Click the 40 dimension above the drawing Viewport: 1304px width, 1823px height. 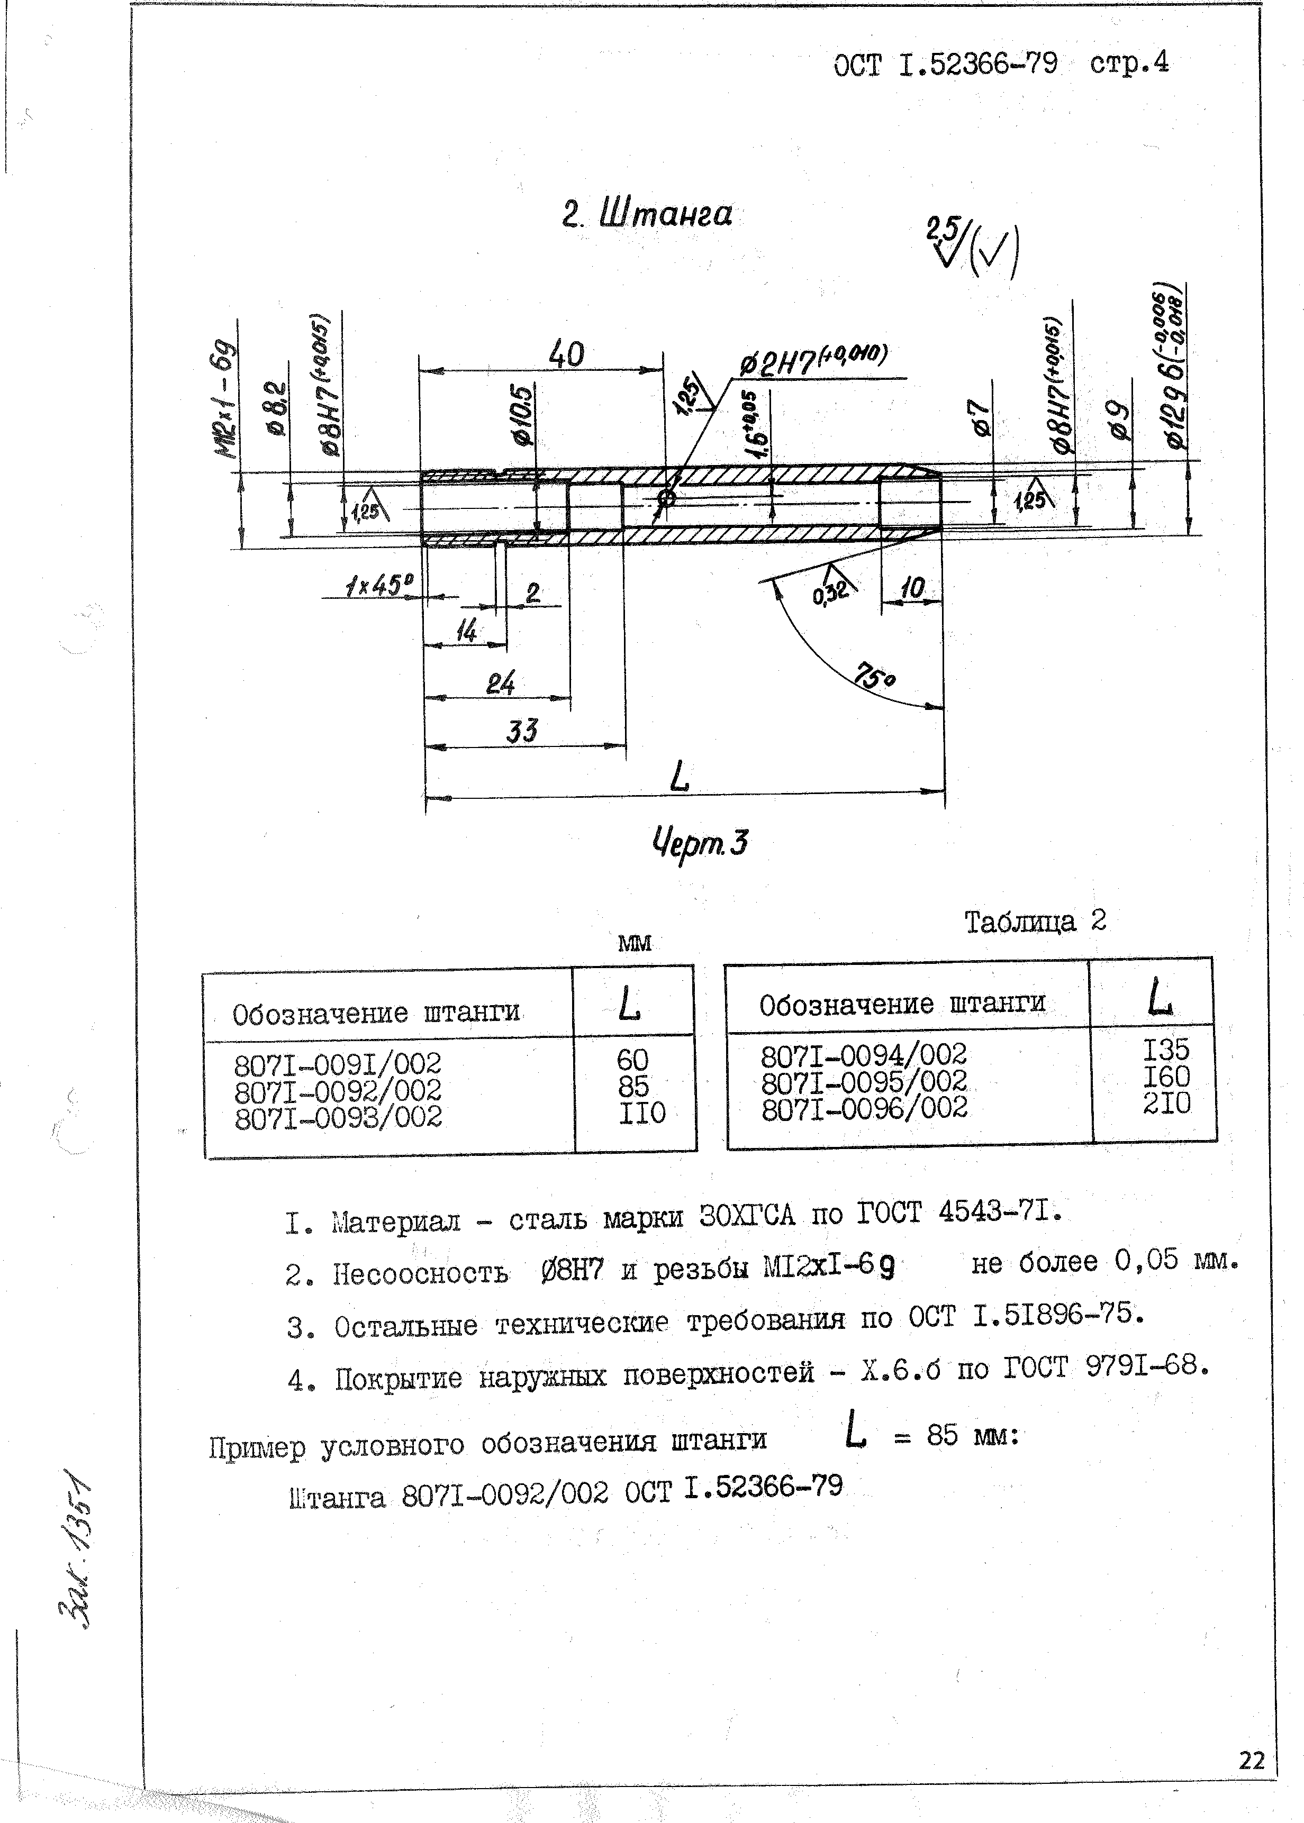[566, 354]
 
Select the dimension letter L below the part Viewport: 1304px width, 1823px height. [680, 776]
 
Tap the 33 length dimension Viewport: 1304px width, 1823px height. [522, 731]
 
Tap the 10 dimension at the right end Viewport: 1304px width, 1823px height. [913, 588]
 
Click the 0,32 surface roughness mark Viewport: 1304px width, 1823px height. [830, 593]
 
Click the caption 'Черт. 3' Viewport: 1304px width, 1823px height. [700, 843]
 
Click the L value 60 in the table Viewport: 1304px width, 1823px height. [633, 1060]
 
